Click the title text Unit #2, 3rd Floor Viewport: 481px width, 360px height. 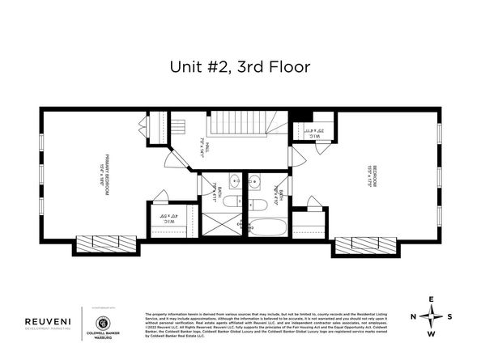click(240, 69)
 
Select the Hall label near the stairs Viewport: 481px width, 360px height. click(207, 149)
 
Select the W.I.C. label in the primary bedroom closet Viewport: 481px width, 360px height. click(167, 218)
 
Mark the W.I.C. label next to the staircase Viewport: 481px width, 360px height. click(312, 132)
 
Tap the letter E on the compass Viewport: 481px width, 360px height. click(432, 299)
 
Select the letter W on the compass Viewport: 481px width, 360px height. click(432, 333)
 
